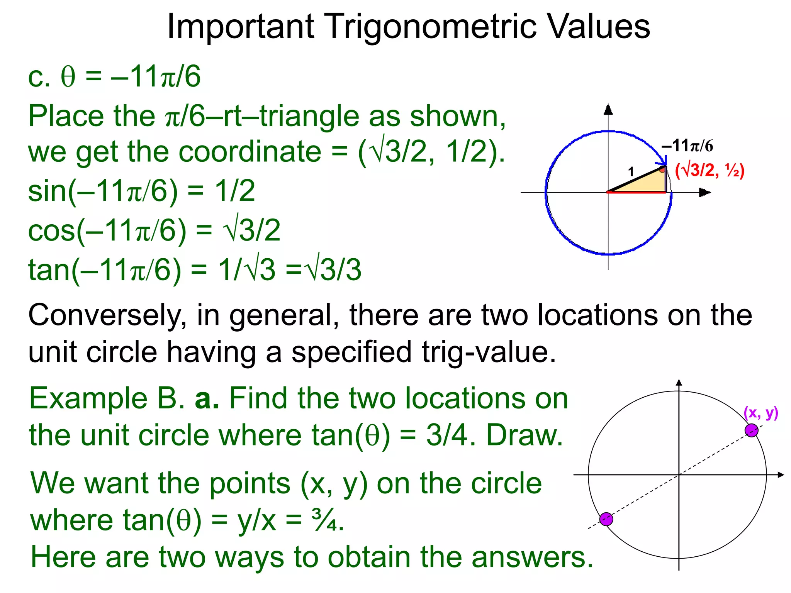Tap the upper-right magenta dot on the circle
pos(751,430)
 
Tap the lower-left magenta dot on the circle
pos(606,519)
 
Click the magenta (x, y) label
pos(760,413)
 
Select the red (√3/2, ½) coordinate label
pos(710,170)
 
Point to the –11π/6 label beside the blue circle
pos(687,146)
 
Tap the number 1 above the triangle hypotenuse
pos(631,171)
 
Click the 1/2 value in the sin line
pos(235,191)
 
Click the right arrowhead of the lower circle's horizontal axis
pos(781,474)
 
